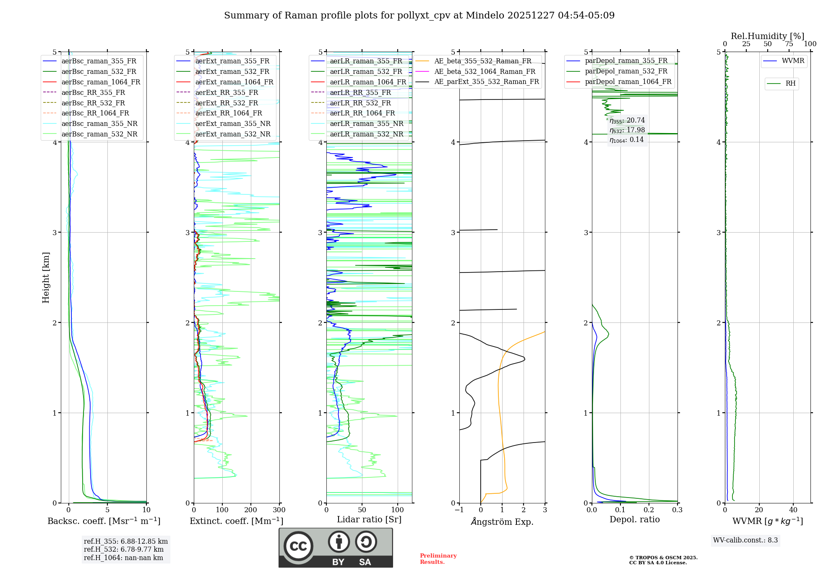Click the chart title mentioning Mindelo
coord(419,16)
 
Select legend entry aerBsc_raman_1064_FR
coord(101,82)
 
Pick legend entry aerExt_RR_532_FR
coord(227,103)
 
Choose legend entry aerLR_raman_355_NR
coord(366,123)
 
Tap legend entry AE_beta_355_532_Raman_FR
coord(482,61)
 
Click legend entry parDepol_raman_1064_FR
coord(628,81)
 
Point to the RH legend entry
coord(790,84)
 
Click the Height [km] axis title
coord(46,278)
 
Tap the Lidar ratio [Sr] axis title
coord(369,519)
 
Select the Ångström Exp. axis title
coord(502,521)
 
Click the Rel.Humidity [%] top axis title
coord(767,36)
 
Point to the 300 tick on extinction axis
coord(279,510)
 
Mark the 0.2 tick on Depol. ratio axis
coord(649,510)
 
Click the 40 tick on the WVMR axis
coord(793,510)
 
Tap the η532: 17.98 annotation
coord(627,130)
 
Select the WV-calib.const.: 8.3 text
coord(745,540)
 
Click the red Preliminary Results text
coord(438,559)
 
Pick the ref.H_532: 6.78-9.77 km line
coord(124,550)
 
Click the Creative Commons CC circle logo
coord(298,546)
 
